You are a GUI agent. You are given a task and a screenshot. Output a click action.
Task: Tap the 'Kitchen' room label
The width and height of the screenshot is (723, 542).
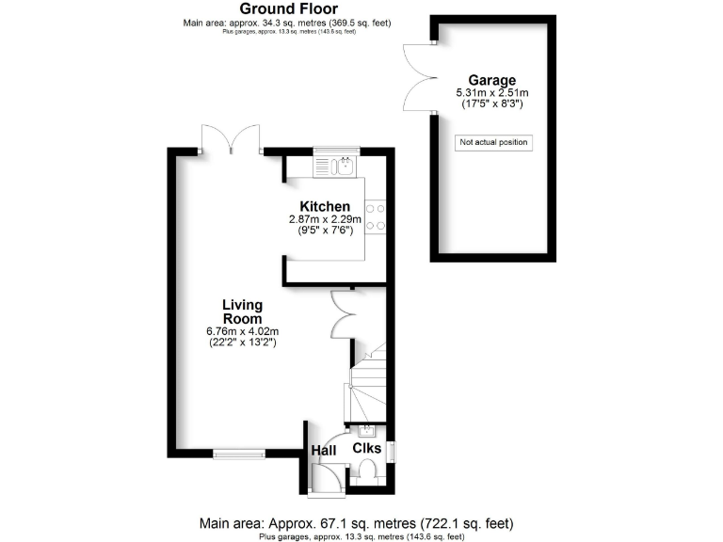[325, 207]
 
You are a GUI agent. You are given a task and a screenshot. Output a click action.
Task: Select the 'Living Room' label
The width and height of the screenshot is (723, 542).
[242, 311]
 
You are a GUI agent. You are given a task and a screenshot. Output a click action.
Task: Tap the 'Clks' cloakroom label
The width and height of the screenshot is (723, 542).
[366, 449]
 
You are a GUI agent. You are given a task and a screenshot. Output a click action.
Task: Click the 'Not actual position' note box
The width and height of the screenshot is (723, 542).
[493, 143]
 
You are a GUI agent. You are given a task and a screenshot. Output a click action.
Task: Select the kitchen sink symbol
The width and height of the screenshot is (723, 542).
[343, 166]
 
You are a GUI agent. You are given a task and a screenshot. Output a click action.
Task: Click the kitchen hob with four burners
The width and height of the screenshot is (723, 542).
[377, 216]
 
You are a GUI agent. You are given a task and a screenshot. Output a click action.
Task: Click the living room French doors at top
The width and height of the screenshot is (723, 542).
[231, 139]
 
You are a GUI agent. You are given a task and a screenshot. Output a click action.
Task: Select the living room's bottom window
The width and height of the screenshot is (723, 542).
[237, 454]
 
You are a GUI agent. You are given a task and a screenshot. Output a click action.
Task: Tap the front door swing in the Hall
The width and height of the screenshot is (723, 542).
[324, 476]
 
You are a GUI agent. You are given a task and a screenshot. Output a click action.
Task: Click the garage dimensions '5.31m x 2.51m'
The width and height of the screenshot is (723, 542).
[491, 92]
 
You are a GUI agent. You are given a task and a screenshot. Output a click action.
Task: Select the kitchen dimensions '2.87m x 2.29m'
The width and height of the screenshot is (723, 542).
[325, 219]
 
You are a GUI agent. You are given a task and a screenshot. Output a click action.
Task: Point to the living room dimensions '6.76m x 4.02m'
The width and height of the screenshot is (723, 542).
[242, 331]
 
